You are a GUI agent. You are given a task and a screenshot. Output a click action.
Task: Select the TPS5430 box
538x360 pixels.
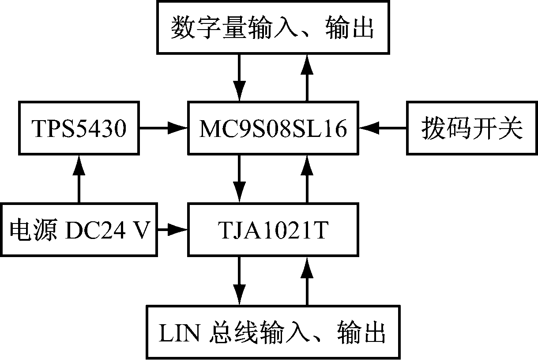(79, 129)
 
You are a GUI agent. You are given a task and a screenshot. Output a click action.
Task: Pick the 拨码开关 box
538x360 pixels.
(472, 129)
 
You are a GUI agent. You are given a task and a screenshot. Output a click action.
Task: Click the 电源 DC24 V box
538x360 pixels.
(79, 229)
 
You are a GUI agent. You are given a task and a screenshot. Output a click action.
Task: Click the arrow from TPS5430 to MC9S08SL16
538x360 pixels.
(164, 129)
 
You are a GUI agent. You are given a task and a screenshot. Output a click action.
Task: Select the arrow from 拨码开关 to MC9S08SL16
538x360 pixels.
(383, 129)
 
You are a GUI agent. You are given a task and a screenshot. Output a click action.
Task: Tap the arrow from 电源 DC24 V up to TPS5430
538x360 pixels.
(79, 179)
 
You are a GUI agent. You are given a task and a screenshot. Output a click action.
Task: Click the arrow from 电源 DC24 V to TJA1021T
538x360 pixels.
(173, 229)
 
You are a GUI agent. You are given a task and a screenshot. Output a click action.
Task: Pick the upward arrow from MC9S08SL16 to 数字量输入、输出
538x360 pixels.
(307, 78)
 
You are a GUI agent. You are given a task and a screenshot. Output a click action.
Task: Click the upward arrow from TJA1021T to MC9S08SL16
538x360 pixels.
(307, 179)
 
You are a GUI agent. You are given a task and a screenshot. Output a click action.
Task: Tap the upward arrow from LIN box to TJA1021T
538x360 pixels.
(307, 280)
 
